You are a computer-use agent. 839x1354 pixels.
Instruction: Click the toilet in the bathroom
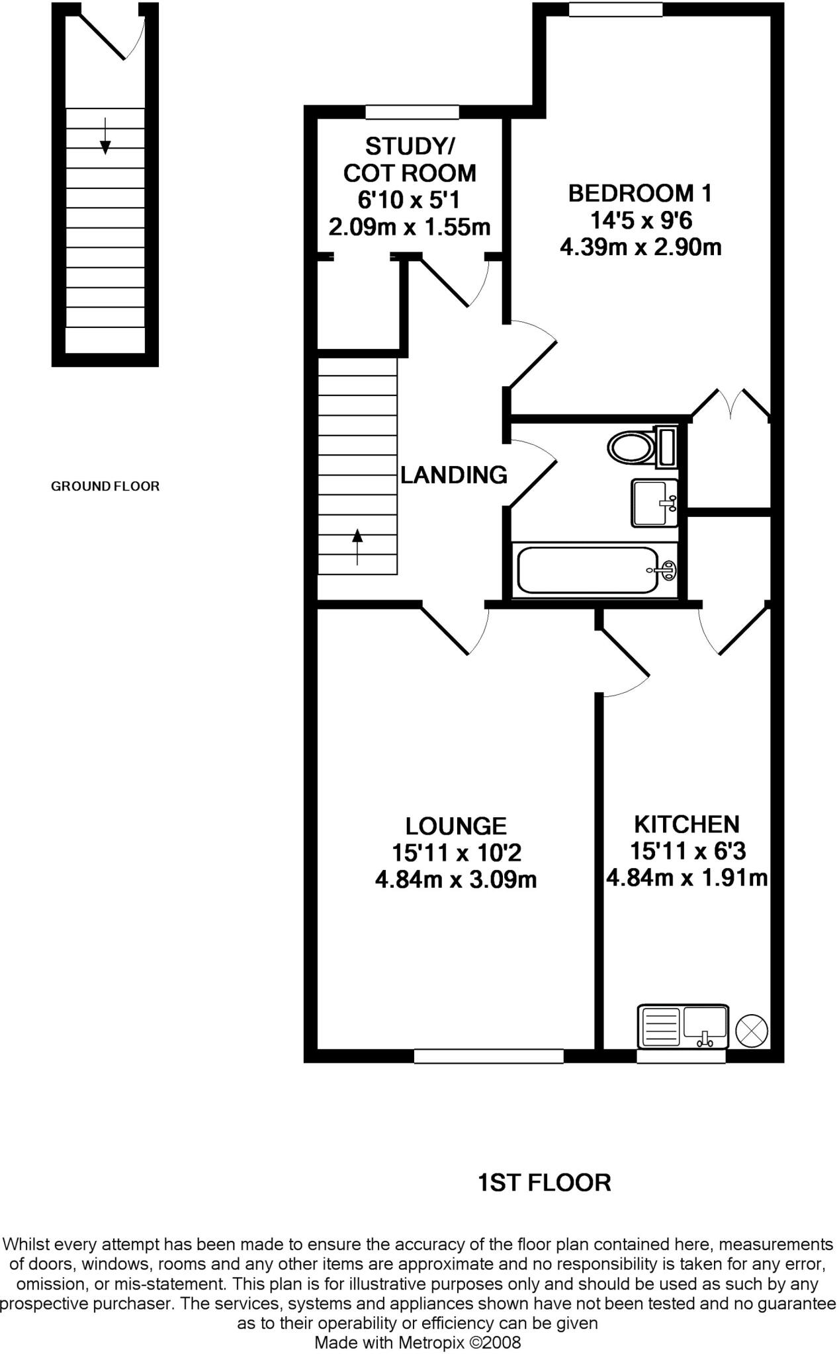point(639,448)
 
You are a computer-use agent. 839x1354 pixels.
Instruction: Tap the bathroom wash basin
point(654,503)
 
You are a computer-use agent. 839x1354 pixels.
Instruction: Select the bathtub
point(596,571)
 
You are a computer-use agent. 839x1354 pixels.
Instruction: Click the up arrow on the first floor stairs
point(357,546)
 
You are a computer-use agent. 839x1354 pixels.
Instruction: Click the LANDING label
point(454,475)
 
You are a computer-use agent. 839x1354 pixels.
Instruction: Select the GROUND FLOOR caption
point(105,487)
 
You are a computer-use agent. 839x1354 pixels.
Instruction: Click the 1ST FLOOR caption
point(544,1183)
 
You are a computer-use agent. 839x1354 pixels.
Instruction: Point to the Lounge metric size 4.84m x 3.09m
point(455,880)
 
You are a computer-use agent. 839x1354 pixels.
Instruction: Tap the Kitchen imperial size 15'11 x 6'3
point(687,850)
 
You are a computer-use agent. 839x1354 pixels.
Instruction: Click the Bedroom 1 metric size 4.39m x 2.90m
point(640,248)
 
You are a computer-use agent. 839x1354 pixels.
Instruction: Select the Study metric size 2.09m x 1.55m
point(410,227)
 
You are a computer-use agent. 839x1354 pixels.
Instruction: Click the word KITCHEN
point(687,824)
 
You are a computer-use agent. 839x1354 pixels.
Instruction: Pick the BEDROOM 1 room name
point(640,194)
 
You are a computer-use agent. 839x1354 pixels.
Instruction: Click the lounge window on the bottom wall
point(488,1056)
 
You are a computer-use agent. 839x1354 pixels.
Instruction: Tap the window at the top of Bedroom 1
point(615,9)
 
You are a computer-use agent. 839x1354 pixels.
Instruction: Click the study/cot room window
point(412,112)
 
